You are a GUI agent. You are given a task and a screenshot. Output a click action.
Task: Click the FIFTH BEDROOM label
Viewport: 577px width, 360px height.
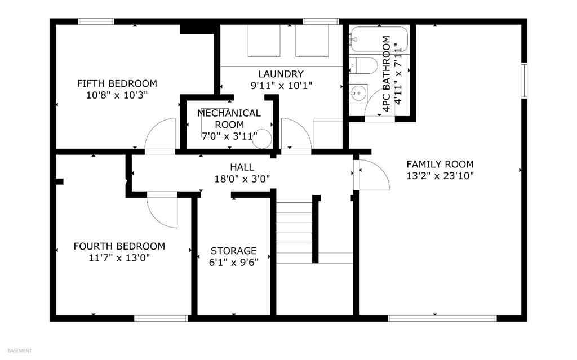tap(117, 83)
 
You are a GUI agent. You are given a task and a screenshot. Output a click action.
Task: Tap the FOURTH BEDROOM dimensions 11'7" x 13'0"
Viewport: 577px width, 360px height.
tap(119, 258)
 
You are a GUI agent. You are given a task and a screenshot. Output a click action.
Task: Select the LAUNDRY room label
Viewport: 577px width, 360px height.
tap(281, 74)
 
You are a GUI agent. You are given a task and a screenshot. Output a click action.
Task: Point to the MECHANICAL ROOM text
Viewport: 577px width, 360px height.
tap(229, 119)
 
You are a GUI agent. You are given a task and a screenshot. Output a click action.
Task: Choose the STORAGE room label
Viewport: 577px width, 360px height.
tap(233, 251)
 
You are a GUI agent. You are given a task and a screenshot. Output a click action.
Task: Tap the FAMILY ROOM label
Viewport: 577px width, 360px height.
tap(440, 164)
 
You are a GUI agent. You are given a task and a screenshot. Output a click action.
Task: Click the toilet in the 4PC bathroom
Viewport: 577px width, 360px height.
tap(365, 66)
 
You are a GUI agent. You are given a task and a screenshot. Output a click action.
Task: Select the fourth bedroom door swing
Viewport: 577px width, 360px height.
tap(163, 211)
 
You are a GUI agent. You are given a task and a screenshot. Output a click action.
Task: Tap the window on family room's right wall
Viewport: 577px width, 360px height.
tap(524, 79)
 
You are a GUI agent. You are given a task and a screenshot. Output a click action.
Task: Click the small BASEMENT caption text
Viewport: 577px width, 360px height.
tap(19, 350)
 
